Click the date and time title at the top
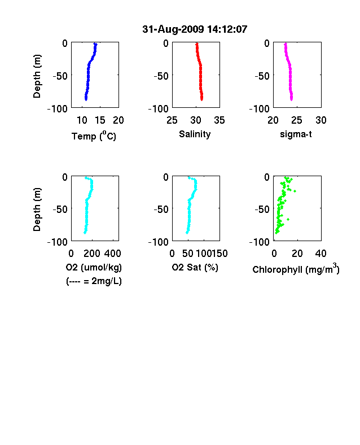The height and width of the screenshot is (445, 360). click(195, 29)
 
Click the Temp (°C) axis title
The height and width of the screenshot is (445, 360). click(94, 136)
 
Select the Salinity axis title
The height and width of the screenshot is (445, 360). click(195, 134)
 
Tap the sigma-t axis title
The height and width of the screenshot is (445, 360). click(296, 134)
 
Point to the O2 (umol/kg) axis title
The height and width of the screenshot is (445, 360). click(94, 267)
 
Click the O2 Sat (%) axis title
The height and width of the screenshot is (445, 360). click(195, 267)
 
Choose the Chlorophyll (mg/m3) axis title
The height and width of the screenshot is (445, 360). click(296, 268)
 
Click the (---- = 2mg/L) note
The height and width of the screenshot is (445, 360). click(94, 281)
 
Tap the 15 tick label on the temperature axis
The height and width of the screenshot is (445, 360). click(100, 120)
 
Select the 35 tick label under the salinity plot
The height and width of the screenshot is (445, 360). click(219, 120)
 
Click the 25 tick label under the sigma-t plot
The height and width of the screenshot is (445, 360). click(296, 120)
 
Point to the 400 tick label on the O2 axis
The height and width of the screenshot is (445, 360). click(112, 254)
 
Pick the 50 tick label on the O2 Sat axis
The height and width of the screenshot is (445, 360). click(188, 254)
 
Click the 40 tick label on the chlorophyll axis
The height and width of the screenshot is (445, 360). click(321, 254)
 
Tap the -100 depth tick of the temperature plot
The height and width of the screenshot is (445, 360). click(57, 108)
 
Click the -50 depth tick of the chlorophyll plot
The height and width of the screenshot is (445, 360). click(262, 210)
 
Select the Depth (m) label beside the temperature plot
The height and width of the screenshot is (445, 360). click(37, 76)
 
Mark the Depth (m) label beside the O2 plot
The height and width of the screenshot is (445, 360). click(37, 210)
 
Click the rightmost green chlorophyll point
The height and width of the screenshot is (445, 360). click(295, 191)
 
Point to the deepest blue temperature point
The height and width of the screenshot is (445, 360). click(86, 99)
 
